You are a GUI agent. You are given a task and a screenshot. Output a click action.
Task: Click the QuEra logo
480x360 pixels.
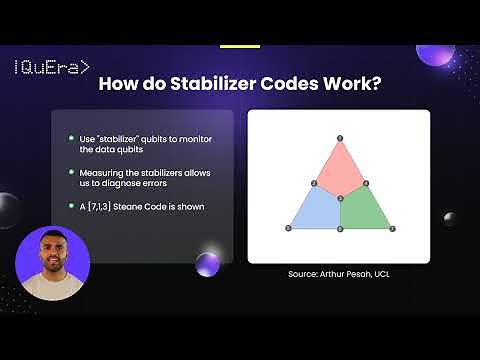pyautogui.click(x=51, y=68)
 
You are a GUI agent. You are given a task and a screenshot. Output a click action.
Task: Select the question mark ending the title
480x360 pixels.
pyautogui.click(x=376, y=85)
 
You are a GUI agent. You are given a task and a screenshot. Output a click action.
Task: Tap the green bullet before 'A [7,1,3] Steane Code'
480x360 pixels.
pyautogui.click(x=71, y=207)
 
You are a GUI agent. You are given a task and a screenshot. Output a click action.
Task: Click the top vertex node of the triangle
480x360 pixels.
pyautogui.click(x=340, y=137)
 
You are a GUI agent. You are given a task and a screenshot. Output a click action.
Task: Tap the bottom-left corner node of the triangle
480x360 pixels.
pyautogui.click(x=288, y=229)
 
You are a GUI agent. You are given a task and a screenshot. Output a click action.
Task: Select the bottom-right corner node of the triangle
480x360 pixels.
pyautogui.click(x=392, y=229)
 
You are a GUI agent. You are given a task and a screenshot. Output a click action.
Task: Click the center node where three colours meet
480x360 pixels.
pyautogui.click(x=340, y=200)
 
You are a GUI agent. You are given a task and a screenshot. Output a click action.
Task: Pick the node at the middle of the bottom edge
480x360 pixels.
pyautogui.click(x=340, y=229)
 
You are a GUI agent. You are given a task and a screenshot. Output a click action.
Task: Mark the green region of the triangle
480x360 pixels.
pyautogui.click(x=364, y=211)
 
